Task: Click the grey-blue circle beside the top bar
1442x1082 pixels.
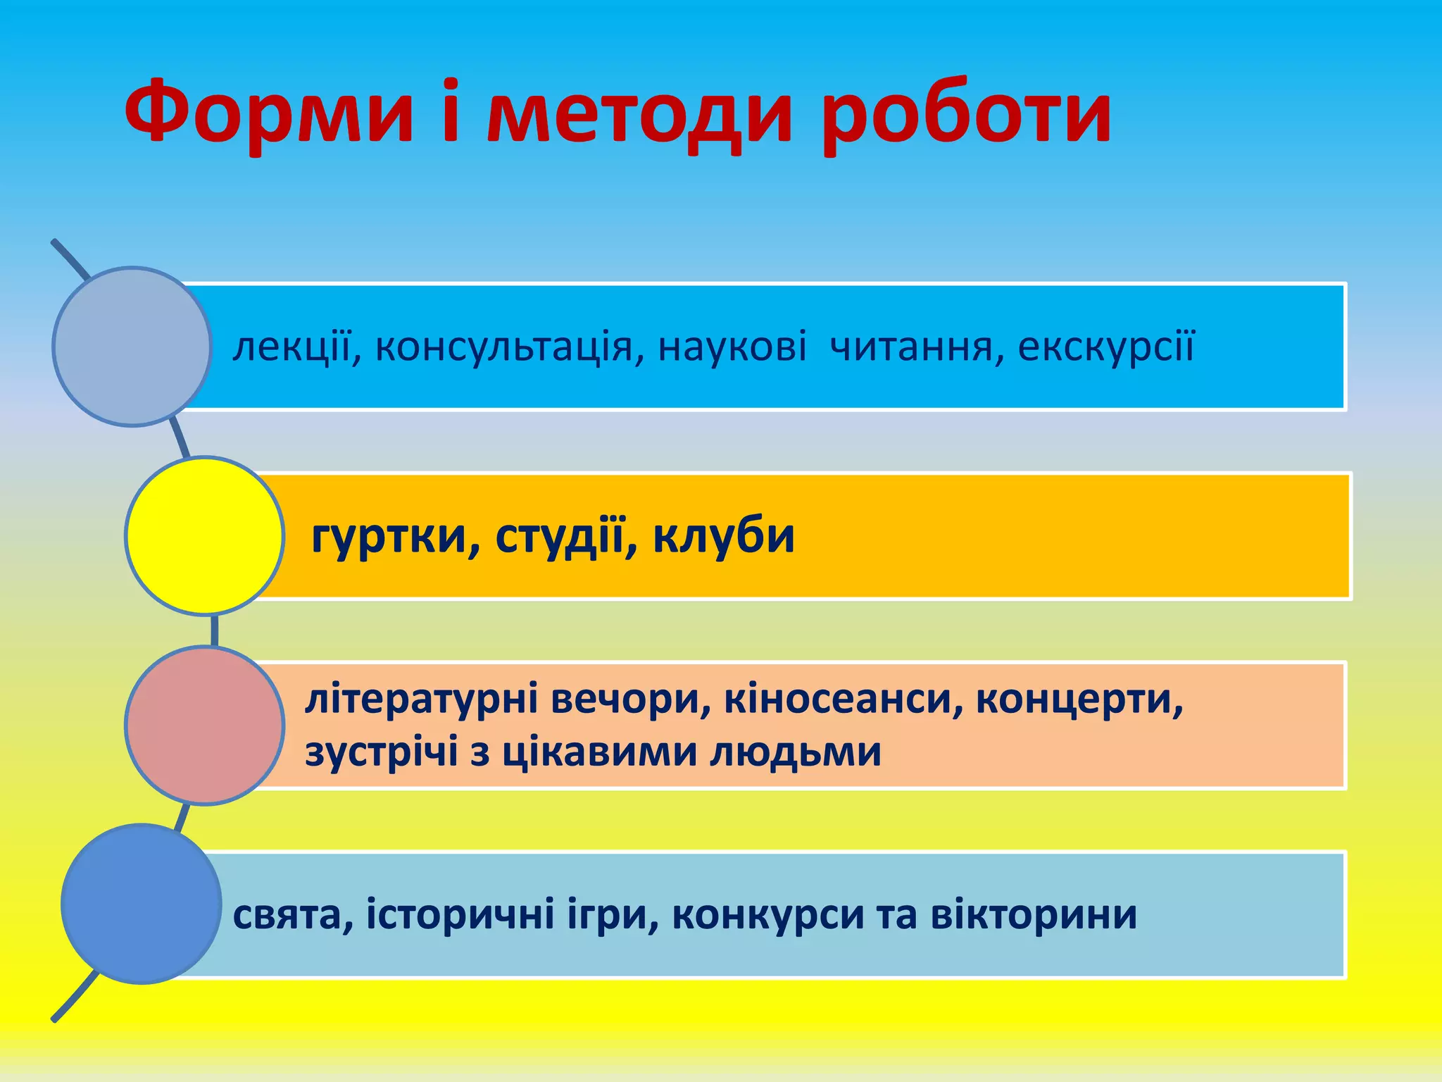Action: click(132, 346)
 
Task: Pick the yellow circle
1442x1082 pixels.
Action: click(205, 535)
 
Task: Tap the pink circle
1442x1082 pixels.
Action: click(205, 725)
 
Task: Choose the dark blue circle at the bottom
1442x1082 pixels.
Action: click(142, 904)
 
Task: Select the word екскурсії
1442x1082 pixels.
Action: click(1106, 347)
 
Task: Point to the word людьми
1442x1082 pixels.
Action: click(795, 752)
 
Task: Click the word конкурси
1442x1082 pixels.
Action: click(767, 915)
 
